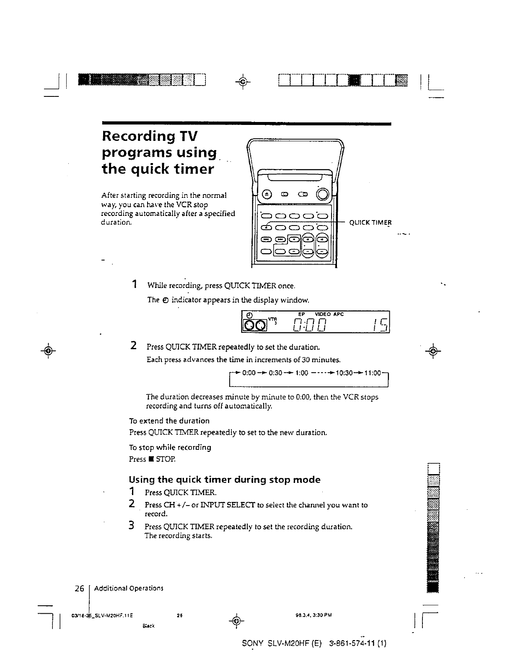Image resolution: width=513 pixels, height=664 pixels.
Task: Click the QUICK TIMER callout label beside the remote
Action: click(x=370, y=223)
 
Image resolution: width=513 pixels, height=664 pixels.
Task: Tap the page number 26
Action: click(x=79, y=588)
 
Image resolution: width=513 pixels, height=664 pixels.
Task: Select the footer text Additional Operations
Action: click(x=128, y=588)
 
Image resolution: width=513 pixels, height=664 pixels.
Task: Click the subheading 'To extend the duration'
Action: click(x=169, y=420)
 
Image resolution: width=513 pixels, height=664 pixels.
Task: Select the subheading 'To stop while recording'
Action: click(x=170, y=447)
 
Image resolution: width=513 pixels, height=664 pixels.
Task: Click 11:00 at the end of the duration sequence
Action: click(x=372, y=372)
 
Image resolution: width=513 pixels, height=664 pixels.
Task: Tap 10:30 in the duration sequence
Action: click(x=345, y=372)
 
